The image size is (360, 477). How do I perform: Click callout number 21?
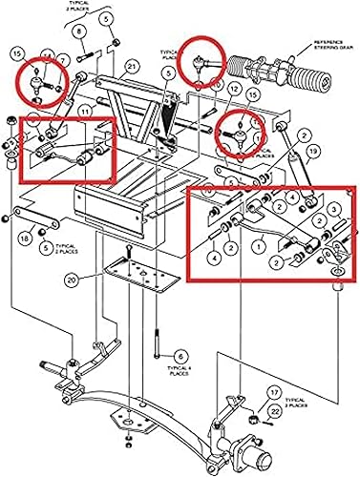click(131, 65)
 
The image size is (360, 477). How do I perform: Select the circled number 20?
click(72, 280)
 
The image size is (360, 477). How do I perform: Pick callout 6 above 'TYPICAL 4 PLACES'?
click(181, 354)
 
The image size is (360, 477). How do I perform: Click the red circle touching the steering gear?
click(201, 61)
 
